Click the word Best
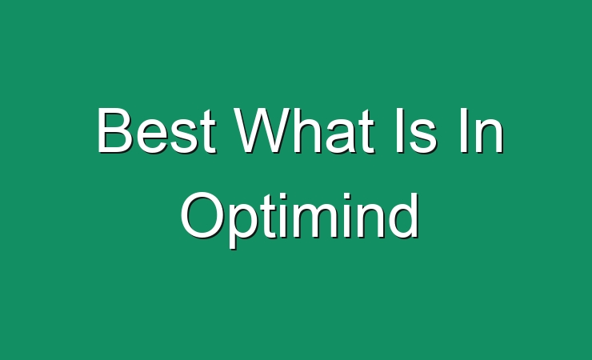click(156, 130)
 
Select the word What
click(304, 130)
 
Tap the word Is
click(416, 130)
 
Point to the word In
click(482, 130)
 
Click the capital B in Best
click(115, 130)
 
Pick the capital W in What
click(263, 130)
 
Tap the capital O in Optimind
click(202, 215)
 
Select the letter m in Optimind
click(332, 220)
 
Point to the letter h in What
click(310, 130)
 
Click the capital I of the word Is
click(398, 130)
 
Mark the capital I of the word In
click(464, 130)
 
